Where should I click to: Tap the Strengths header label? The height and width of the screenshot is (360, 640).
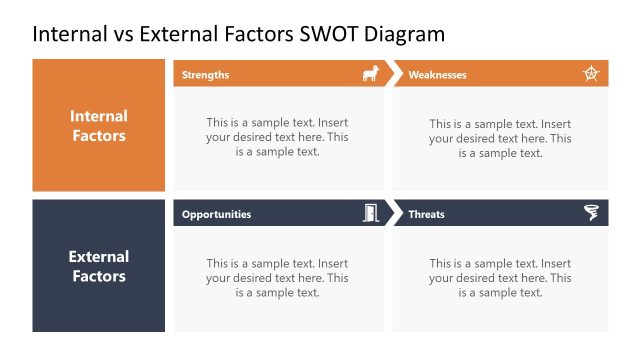(x=205, y=74)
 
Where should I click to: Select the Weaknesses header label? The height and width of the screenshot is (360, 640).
(x=437, y=74)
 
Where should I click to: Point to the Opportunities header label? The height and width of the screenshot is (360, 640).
(x=216, y=214)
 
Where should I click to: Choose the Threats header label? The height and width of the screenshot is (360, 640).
(x=426, y=214)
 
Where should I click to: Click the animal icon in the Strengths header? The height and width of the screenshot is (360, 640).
(x=370, y=74)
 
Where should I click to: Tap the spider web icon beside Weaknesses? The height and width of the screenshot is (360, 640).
(x=591, y=74)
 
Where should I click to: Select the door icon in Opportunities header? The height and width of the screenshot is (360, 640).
(x=370, y=213)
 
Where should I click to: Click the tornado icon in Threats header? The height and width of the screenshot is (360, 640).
(x=591, y=213)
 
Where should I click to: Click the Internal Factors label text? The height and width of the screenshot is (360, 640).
(x=99, y=126)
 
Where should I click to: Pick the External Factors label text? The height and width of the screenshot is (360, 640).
(x=99, y=266)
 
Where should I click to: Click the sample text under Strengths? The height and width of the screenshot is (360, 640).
(x=277, y=138)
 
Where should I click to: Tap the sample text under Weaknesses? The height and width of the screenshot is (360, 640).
(x=500, y=138)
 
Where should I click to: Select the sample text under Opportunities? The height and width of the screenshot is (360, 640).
(x=277, y=278)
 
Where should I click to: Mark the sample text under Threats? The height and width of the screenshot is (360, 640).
(x=500, y=278)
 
